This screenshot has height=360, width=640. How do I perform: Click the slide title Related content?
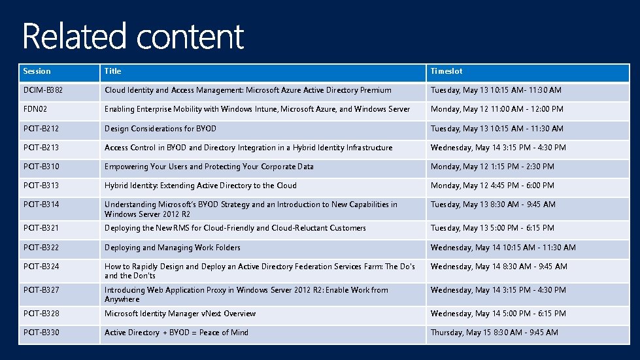click(133, 37)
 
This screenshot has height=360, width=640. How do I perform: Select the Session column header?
click(37, 71)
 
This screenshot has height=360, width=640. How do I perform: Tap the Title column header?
click(113, 71)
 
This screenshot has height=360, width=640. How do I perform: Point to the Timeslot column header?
click(446, 71)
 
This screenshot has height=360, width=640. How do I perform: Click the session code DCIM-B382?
click(43, 90)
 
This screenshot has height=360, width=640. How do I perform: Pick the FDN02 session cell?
click(35, 109)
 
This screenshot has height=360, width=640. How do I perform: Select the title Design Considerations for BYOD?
click(160, 129)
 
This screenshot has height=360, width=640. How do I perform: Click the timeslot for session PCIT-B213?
click(498, 148)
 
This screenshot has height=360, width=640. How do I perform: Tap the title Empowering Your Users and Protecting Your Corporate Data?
click(209, 167)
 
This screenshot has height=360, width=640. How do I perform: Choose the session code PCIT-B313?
click(41, 186)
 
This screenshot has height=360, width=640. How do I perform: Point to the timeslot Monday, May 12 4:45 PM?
click(492, 186)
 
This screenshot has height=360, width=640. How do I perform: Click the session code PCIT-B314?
click(41, 205)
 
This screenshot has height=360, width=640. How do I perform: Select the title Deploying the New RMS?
click(235, 228)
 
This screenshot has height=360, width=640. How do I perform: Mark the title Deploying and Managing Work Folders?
click(173, 248)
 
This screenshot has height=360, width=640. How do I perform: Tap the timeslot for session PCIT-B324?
click(499, 267)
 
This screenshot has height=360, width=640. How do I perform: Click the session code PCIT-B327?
click(41, 290)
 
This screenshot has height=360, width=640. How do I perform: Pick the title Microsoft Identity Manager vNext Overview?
click(180, 314)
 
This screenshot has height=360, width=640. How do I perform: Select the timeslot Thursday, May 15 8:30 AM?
click(494, 333)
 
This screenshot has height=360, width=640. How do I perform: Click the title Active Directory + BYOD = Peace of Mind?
click(177, 333)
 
